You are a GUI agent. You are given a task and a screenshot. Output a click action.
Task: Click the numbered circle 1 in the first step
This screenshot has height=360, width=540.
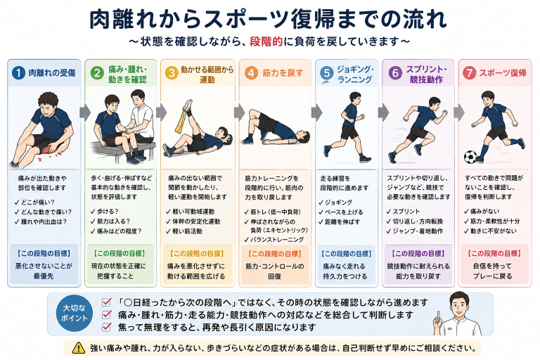(x=18, y=73)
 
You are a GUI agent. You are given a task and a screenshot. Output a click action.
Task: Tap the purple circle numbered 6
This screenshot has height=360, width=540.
(x=395, y=73)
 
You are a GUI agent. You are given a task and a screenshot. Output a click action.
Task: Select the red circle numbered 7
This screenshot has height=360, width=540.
(x=469, y=73)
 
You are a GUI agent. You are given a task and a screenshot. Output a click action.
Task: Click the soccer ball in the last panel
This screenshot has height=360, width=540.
(x=470, y=157)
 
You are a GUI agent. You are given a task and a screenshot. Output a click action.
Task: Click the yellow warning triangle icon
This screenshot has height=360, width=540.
(x=79, y=347)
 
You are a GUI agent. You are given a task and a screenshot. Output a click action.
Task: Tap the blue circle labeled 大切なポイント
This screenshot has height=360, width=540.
(x=74, y=313)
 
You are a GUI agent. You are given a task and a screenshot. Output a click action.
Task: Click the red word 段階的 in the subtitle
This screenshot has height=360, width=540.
(x=266, y=41)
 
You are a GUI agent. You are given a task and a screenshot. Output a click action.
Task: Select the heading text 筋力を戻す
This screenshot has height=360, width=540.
(x=283, y=73)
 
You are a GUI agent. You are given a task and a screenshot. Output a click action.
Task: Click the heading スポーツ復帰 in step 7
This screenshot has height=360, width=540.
(x=503, y=73)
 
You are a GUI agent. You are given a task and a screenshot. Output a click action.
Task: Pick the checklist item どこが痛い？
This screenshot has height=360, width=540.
(x=34, y=202)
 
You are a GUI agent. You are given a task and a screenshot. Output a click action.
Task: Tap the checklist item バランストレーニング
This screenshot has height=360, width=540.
(x=274, y=240)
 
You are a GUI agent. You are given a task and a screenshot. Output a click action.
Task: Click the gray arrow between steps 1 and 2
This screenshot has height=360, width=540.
(x=84, y=112)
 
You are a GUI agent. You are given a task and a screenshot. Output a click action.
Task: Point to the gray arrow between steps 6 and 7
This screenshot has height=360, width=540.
(x=458, y=112)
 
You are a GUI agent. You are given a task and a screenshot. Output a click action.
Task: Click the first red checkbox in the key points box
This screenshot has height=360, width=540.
(x=107, y=302)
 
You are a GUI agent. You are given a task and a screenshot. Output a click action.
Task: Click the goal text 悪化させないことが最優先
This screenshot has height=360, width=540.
(x=44, y=271)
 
